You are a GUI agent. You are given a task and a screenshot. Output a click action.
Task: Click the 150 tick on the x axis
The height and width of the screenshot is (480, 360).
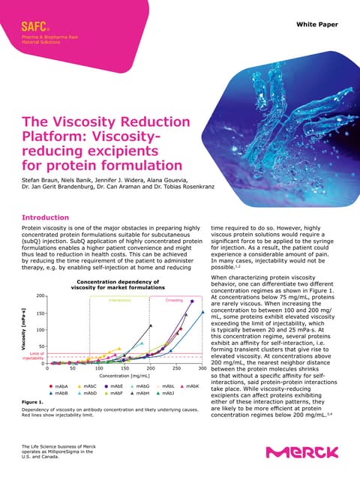(x=124, y=369)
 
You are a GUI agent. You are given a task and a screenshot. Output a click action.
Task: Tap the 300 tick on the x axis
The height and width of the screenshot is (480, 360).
(x=202, y=369)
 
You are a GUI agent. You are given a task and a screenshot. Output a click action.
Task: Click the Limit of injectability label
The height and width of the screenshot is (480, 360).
(x=32, y=355)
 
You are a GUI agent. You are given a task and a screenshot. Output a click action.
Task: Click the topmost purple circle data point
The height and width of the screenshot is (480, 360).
(x=193, y=301)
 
